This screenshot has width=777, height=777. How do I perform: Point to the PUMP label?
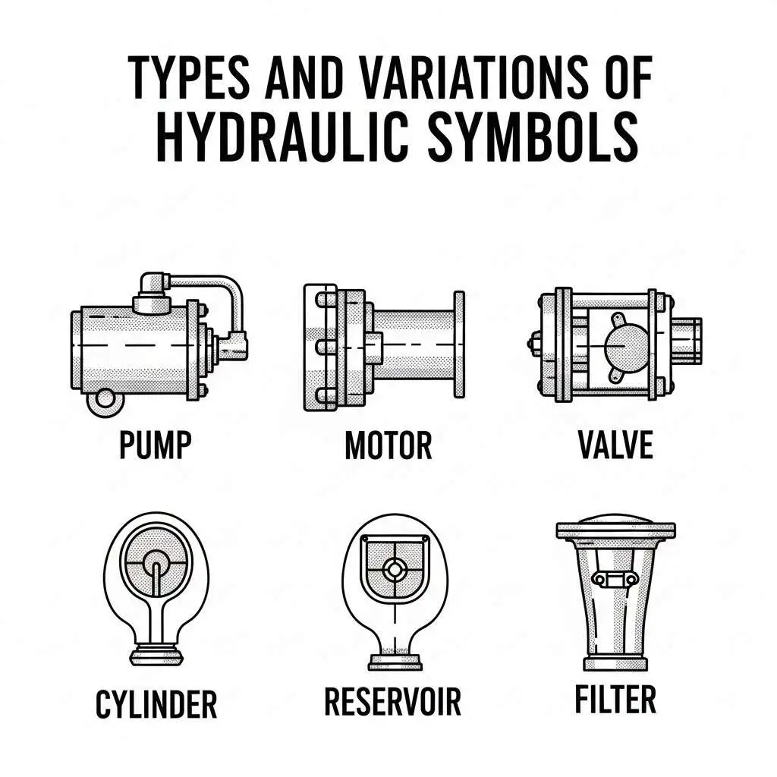point(155,445)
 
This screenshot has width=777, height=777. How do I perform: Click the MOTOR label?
point(388,445)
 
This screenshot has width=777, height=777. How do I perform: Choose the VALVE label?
point(615,445)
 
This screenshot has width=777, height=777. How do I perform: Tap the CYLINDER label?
point(156,704)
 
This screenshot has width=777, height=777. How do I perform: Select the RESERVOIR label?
point(392,703)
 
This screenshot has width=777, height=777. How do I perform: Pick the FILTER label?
point(615,700)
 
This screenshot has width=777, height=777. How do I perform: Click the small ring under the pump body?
point(101,400)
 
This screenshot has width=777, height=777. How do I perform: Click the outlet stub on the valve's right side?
point(686,339)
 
